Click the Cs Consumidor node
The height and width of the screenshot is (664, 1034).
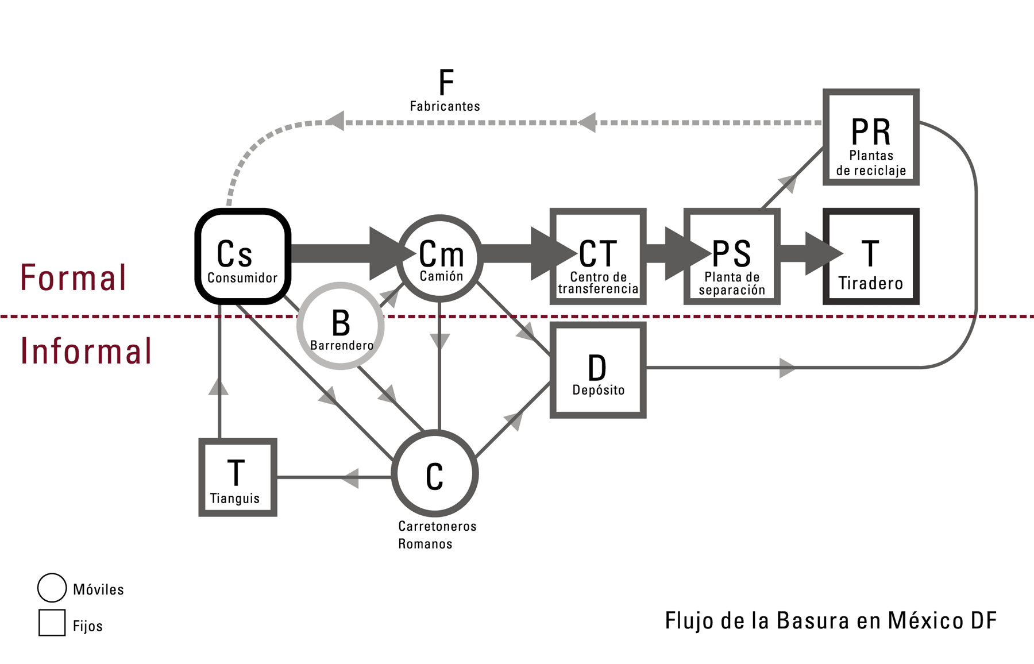coord(242,256)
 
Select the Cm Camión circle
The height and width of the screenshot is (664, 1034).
coord(440,258)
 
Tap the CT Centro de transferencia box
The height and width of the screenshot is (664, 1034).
coord(598,256)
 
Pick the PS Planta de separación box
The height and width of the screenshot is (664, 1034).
coord(732,256)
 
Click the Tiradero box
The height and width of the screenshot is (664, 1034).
coord(871,256)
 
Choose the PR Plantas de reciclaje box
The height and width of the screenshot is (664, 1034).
coord(871,137)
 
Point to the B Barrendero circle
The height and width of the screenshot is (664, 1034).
coord(341,326)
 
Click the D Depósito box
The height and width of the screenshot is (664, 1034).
coord(598,370)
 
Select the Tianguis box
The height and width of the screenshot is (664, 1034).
coord(238,477)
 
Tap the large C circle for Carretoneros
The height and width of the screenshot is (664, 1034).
coord(435,474)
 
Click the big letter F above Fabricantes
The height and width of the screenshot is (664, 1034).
coord(446,83)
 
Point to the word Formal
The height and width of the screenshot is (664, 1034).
coord(73,278)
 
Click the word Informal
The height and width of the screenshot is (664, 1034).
coord(86,351)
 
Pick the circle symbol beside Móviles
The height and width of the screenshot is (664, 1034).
coord(52,588)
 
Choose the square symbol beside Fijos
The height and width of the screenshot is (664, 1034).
coord(52,623)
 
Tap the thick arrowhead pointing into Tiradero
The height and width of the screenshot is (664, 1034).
coord(824,253)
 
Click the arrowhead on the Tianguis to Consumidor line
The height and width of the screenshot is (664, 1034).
coord(219,386)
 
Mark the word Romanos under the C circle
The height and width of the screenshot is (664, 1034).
coord(425,544)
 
